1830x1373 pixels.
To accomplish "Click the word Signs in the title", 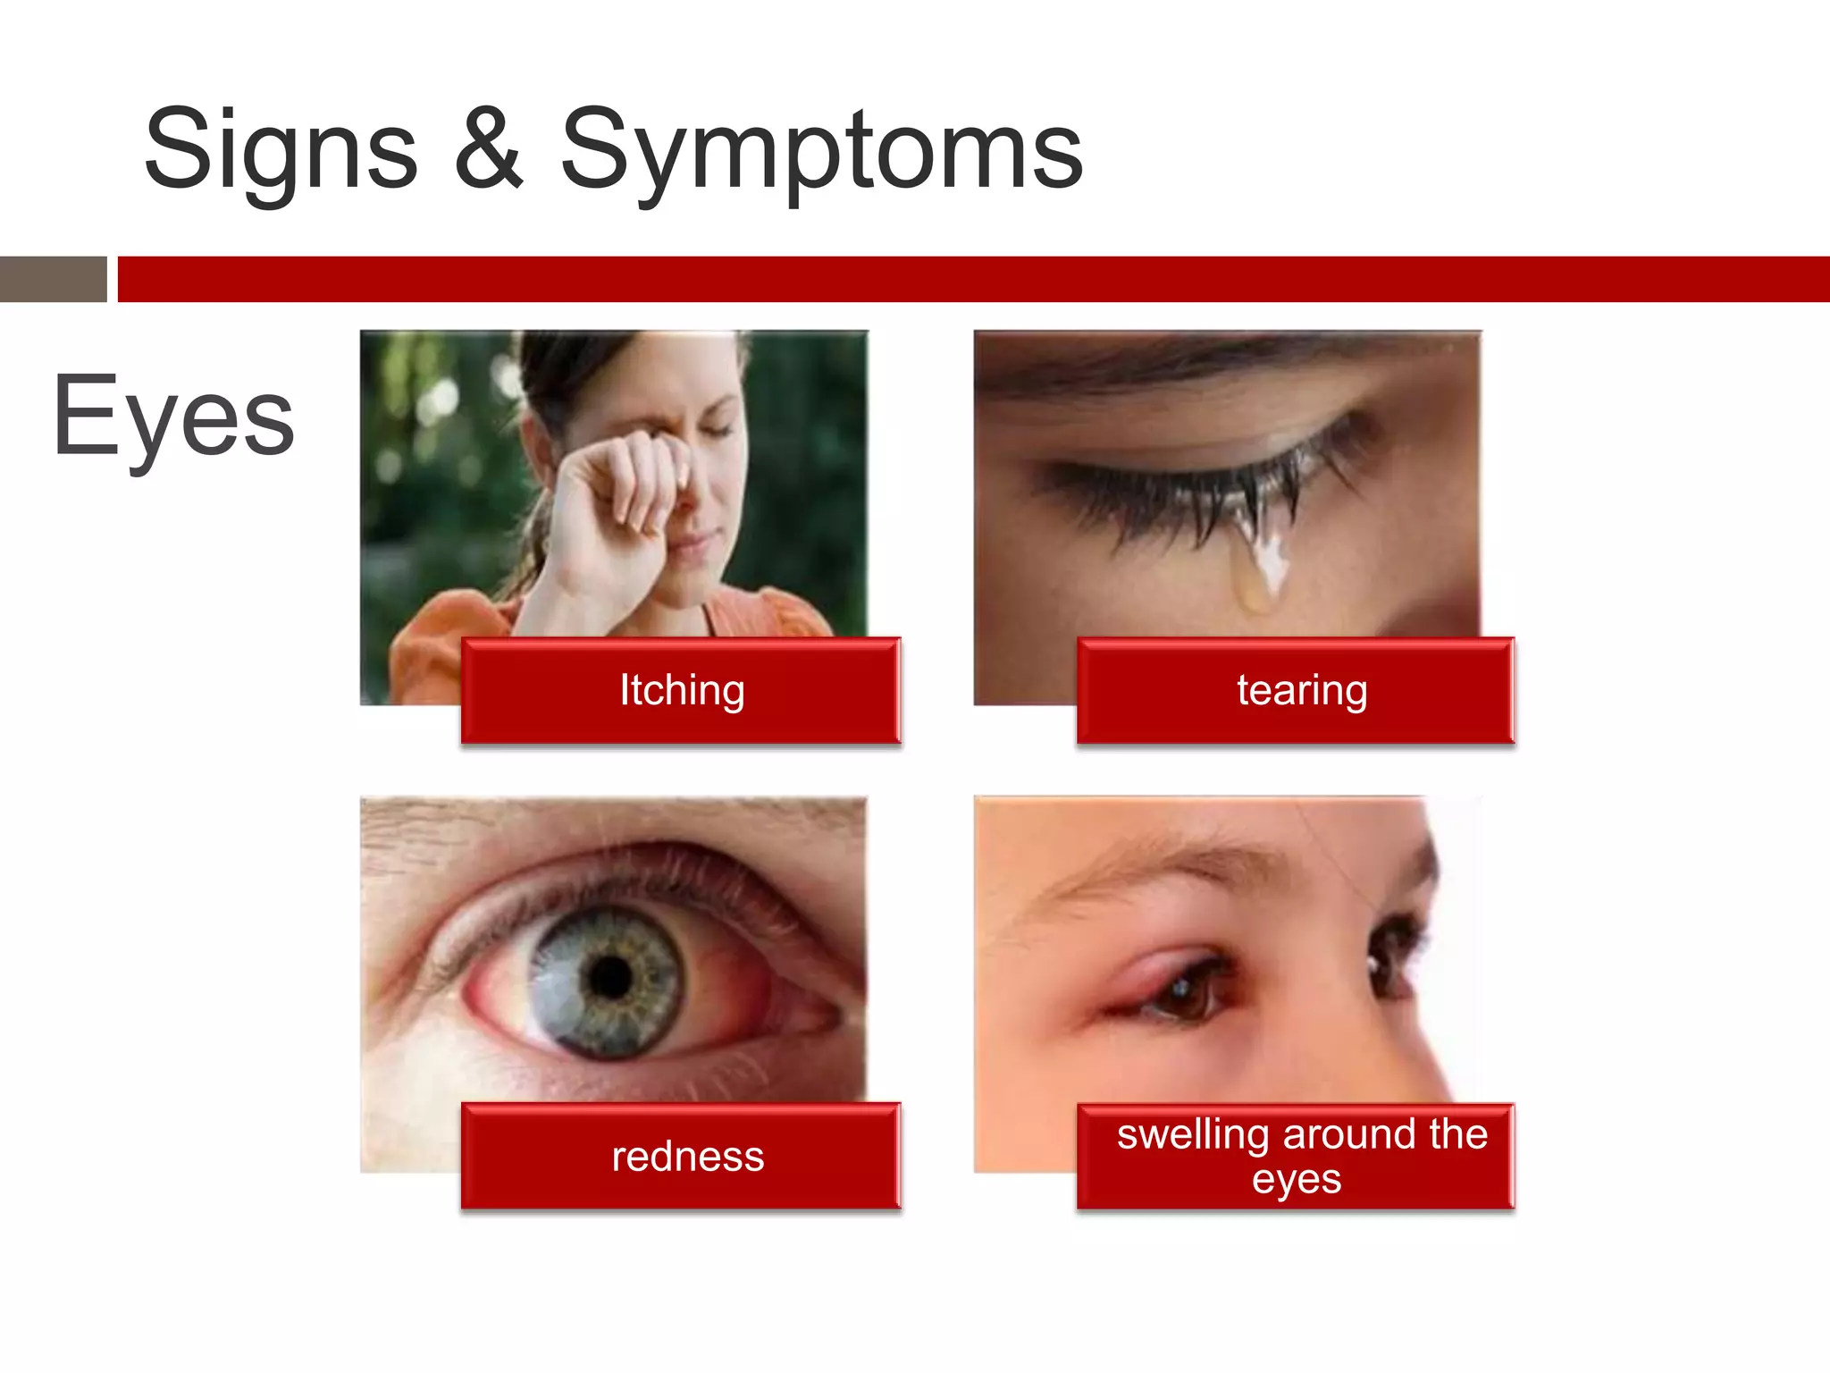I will (281, 150).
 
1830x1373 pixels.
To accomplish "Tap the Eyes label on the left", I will (173, 417).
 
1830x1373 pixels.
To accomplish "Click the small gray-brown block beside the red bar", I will (53, 279).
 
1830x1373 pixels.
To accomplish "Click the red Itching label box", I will (681, 690).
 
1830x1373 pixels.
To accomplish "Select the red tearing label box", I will (1296, 690).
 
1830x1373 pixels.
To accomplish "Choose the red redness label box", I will (681, 1156).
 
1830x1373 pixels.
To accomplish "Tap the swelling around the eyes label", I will (1296, 1156).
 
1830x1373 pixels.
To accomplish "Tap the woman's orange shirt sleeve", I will (429, 644).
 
